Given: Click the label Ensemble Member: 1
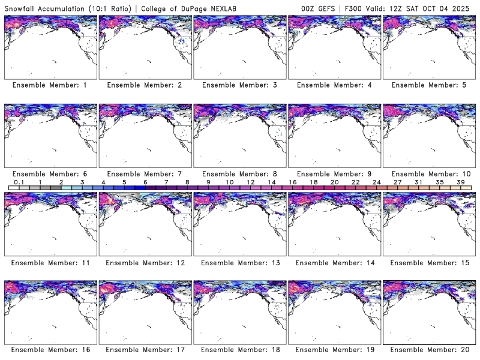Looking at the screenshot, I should tap(50, 85).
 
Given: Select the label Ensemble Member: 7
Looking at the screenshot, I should tap(145, 173).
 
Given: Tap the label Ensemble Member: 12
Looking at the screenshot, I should tap(145, 262).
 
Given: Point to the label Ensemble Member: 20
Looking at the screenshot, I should tap(429, 350).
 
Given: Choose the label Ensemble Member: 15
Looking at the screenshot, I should tap(429, 262).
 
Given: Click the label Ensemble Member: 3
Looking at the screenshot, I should tap(239, 85).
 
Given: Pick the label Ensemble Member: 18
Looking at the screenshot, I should tap(239, 350).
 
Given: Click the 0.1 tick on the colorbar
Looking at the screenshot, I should tap(19, 182).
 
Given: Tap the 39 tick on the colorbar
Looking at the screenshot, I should tap(460, 182).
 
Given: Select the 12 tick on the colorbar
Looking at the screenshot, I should tap(250, 182).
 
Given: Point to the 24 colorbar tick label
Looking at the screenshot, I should tap(376, 182).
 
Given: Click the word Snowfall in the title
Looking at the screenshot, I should tap(21, 7).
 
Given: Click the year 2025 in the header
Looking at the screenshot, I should tap(465, 7).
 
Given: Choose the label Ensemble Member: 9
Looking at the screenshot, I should tap(334, 173).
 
